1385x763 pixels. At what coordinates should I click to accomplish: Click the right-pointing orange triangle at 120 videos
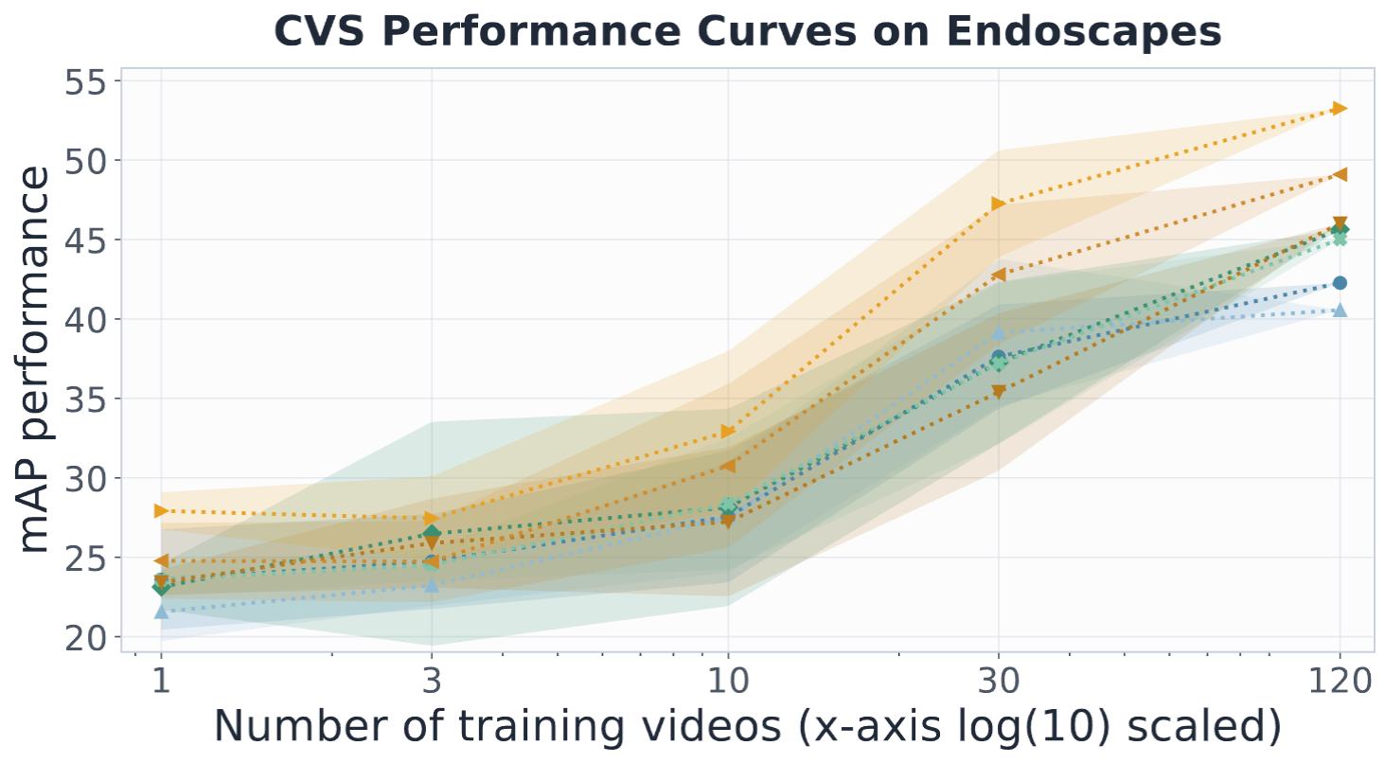[1340, 109]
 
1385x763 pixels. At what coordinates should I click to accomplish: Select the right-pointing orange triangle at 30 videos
[998, 204]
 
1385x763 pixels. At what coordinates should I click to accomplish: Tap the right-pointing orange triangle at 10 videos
[728, 432]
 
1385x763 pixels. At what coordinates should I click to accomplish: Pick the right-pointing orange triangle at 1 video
[161, 511]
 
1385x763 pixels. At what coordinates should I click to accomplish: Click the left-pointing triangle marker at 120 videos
[1340, 174]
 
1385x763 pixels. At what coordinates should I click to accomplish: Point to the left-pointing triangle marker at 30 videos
[998, 275]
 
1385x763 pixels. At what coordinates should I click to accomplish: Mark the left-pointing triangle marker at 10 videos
[728, 466]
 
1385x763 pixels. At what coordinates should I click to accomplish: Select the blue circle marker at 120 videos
[1340, 283]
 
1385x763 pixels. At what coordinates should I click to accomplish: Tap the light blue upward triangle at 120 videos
[1340, 310]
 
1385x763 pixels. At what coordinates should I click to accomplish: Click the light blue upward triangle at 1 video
[161, 612]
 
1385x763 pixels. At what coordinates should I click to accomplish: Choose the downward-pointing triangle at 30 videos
[998, 391]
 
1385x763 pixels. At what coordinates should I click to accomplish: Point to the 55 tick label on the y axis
[85, 82]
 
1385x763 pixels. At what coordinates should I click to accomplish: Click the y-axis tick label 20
[85, 637]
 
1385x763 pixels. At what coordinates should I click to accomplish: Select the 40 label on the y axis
[85, 320]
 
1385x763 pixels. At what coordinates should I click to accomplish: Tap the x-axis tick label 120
[1340, 682]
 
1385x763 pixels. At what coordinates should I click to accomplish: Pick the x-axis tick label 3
[432, 682]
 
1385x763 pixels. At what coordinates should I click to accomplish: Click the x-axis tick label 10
[728, 682]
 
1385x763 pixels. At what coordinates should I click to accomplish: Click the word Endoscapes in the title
[1084, 31]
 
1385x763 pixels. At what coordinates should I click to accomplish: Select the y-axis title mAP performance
[35, 361]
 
